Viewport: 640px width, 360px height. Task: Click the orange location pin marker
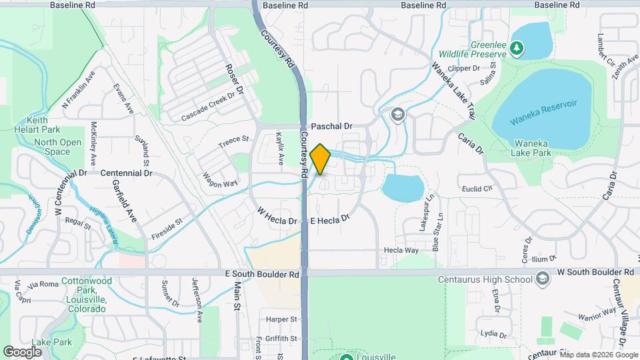coord(321,159)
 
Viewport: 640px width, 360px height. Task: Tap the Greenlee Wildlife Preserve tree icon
coord(517,48)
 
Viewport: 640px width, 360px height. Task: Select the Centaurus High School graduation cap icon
coord(543,279)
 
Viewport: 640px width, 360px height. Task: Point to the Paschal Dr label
coord(331,125)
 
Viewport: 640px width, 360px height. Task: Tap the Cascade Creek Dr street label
coord(209,107)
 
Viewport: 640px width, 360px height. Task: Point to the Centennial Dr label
coord(126,173)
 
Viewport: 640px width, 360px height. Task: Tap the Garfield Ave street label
coord(124,201)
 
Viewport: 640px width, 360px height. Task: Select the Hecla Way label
coord(401,251)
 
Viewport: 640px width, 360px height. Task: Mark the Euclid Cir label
coord(477,189)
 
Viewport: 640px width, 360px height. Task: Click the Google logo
coord(23,351)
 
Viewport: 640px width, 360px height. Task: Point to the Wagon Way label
coord(220,180)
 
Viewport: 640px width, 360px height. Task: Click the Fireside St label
coord(166,228)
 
